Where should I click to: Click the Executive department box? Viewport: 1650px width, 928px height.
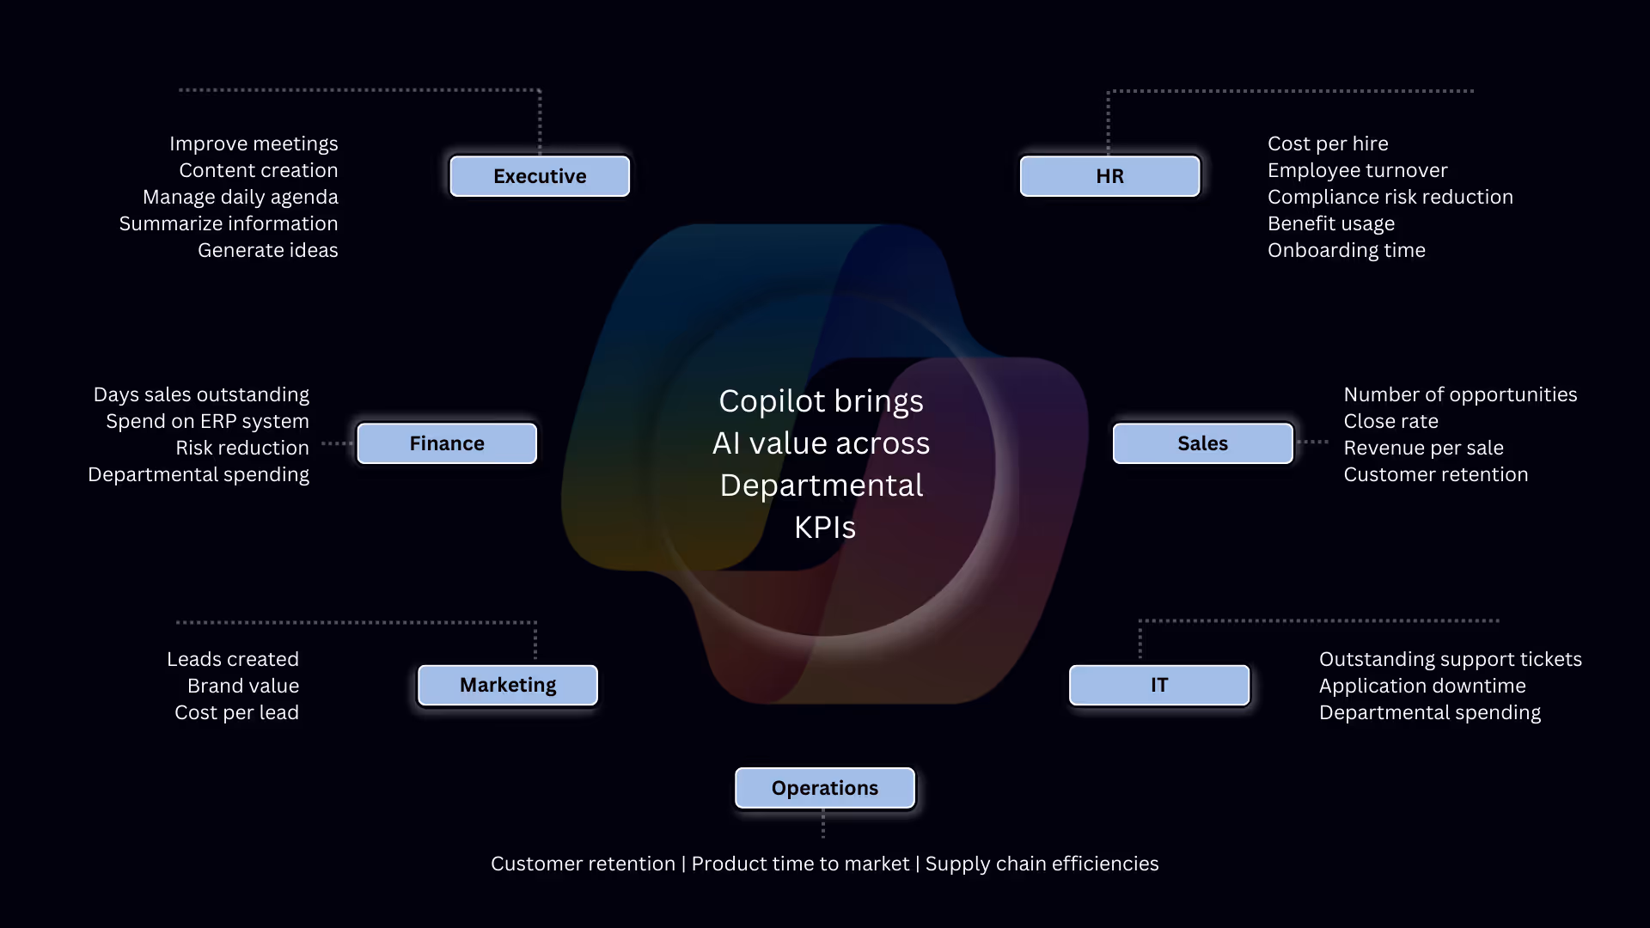point(540,176)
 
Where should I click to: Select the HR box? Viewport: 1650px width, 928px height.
point(1109,176)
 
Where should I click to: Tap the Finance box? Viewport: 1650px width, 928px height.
point(447,443)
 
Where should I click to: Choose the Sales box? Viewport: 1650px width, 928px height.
point(1202,443)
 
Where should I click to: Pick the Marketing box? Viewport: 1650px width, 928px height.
point(508,685)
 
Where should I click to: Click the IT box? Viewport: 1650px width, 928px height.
point(1159,685)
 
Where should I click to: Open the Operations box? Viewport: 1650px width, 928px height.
point(825,788)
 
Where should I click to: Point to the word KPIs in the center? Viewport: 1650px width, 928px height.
point(825,528)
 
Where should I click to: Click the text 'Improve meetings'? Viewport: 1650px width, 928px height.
point(254,143)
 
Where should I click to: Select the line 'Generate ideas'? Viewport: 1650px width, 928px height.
point(268,250)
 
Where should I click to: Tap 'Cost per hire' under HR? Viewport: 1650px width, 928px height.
point(1328,143)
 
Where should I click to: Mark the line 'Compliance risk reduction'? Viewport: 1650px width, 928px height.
point(1390,197)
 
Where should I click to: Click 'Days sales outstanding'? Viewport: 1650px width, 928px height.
point(201,394)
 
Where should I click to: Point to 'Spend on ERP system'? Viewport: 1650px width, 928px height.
point(207,421)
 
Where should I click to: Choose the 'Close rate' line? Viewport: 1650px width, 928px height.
point(1390,421)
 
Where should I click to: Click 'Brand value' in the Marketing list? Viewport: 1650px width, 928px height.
point(243,686)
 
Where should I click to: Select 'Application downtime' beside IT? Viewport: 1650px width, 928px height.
point(1422,686)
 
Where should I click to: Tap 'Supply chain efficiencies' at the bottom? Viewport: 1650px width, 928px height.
point(1042,864)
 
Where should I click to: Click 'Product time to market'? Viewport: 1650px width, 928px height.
point(800,864)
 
